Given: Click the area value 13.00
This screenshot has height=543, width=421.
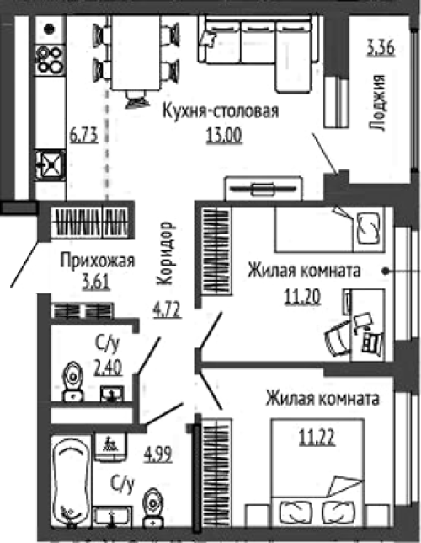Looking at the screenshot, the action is (x=224, y=136).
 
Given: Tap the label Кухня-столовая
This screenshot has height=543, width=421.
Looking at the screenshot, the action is (x=221, y=112).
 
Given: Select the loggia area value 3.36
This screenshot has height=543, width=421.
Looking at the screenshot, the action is (x=381, y=48).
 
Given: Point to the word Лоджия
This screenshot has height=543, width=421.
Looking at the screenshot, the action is (x=377, y=103).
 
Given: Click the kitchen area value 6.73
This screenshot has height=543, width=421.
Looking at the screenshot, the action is (x=83, y=136).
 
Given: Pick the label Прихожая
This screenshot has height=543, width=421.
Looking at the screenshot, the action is (x=97, y=261).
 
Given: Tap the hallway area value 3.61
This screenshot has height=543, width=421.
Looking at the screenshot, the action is (x=96, y=282).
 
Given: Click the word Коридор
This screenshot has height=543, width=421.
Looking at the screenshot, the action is (x=165, y=254).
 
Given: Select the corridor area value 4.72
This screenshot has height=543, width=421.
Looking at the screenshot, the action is (x=167, y=310).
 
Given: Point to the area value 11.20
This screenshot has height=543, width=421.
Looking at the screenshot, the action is (x=302, y=297).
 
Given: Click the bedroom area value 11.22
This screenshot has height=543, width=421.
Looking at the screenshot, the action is (x=317, y=438).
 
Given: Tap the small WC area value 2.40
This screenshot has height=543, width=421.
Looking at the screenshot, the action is (x=108, y=368).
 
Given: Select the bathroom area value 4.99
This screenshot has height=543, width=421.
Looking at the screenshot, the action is (x=157, y=454).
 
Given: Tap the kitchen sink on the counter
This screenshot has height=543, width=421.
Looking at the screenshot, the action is (x=51, y=165).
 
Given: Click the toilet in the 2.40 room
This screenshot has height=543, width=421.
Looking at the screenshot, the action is (x=73, y=381).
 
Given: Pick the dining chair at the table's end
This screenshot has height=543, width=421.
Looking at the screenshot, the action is (x=137, y=99).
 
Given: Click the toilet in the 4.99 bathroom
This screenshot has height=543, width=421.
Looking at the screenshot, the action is (x=153, y=507).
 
